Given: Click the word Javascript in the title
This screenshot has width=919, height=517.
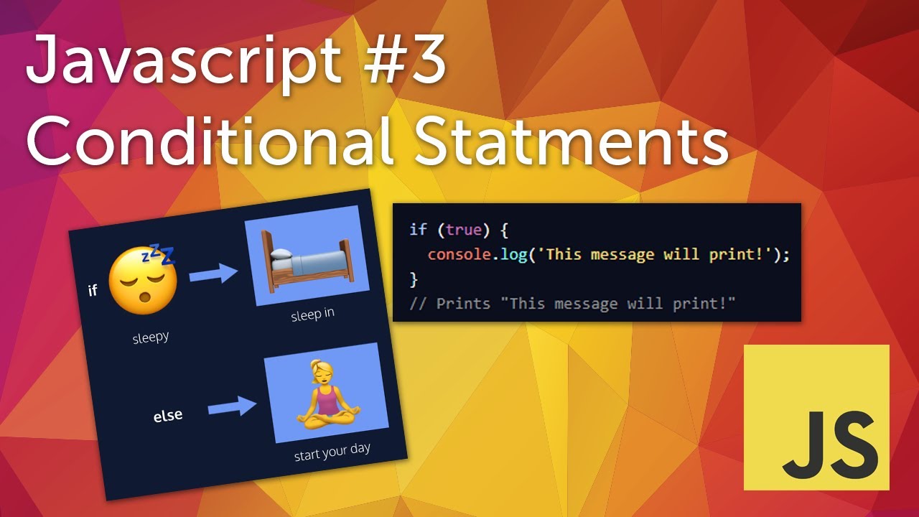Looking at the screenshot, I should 182,61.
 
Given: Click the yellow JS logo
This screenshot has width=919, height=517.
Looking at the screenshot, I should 816,417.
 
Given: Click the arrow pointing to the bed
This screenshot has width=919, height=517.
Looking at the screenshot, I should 214,274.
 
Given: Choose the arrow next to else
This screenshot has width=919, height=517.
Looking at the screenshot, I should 232,407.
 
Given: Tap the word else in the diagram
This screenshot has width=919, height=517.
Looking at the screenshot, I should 167,416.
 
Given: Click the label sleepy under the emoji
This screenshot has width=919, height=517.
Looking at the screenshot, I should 150,337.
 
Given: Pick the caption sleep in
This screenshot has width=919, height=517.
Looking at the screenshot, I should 312,315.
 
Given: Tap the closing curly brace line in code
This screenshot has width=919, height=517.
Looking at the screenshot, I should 413,279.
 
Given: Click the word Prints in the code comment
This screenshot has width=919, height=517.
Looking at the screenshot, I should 463,303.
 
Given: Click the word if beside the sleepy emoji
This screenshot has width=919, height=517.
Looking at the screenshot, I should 92,291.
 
